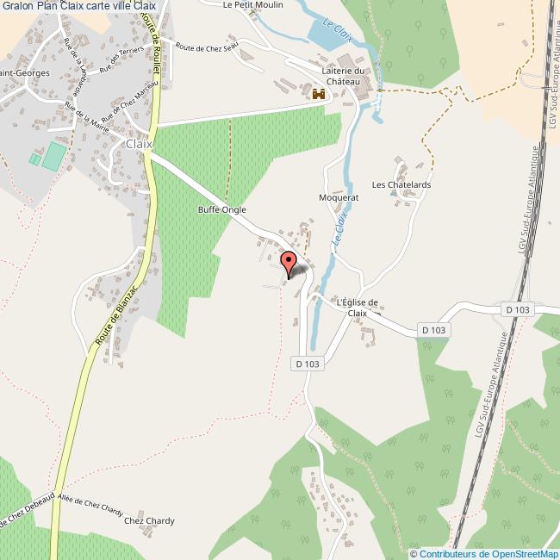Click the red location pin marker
[289, 262]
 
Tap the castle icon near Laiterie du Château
[320, 95]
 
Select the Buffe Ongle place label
[222, 209]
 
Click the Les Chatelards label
[401, 184]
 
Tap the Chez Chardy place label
[149, 520]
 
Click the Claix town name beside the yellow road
[139, 144]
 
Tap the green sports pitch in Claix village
[54, 156]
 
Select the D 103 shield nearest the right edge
[517, 308]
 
